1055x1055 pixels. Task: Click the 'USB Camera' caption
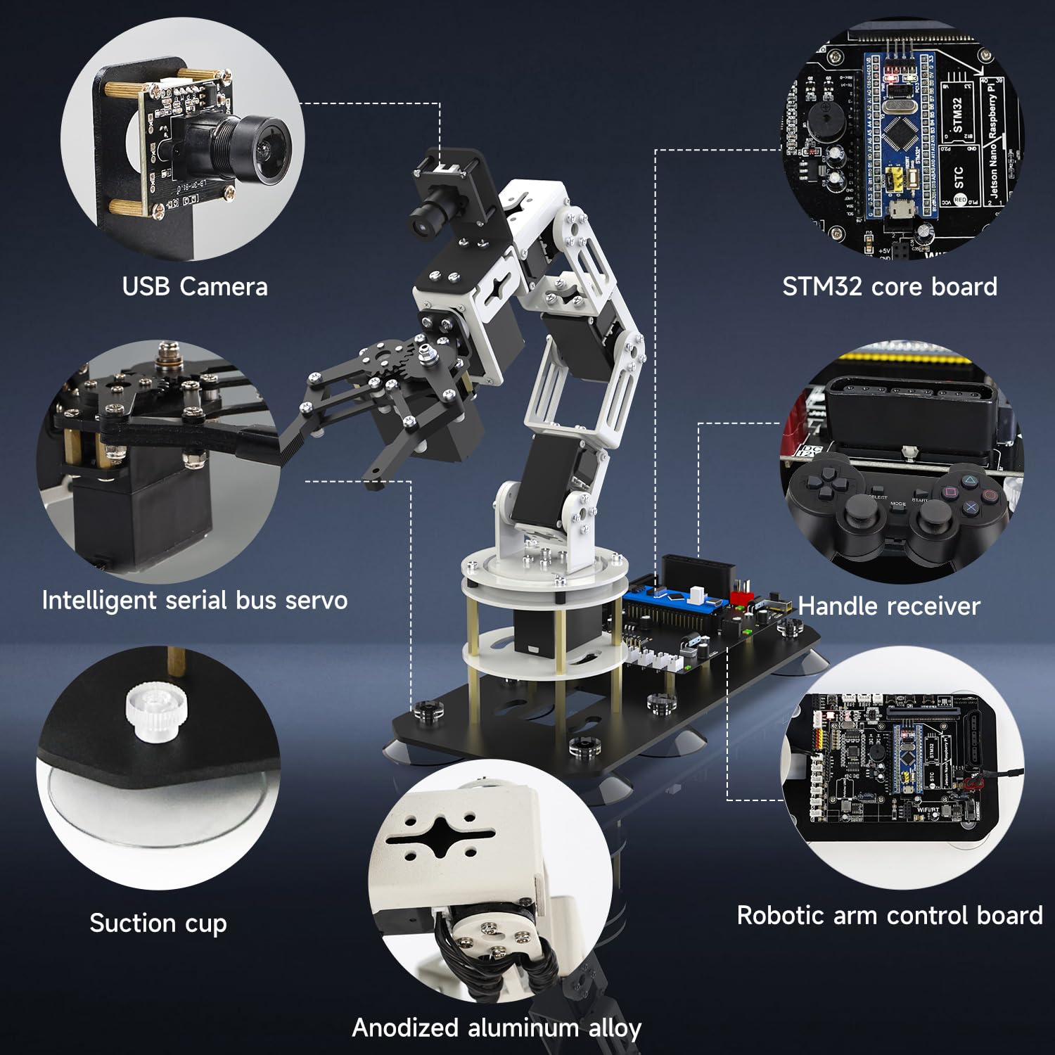point(195,287)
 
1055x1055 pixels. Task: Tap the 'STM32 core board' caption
point(890,287)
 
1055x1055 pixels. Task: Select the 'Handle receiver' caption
point(889,606)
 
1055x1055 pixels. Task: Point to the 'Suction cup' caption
point(158,923)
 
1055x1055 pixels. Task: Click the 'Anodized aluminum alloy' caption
point(497,1028)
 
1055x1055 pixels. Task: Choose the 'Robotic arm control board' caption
point(890,916)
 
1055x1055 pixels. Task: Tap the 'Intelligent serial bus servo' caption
point(195,601)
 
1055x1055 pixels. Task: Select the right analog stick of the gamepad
point(933,520)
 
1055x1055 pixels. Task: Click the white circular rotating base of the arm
point(543,566)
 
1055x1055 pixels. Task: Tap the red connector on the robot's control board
point(741,598)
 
